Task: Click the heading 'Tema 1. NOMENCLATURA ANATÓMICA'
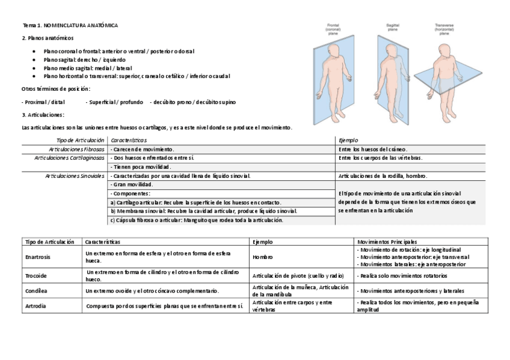coord(70,26)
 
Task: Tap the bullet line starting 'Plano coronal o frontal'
coord(111,52)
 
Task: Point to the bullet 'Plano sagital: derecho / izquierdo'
coord(85,60)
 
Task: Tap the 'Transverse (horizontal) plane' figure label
coord(444,29)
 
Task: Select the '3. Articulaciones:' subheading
coord(43,115)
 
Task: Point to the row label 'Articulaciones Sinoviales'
coord(75,175)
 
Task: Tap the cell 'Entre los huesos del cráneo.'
coord(373,148)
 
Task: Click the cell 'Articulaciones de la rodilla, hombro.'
coord(383,175)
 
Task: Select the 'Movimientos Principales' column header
coord(387,241)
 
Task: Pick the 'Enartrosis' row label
coord(37,257)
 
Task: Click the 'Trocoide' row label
coord(35,276)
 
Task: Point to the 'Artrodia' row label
coord(34,305)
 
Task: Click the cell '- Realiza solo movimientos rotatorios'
coord(402,276)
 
